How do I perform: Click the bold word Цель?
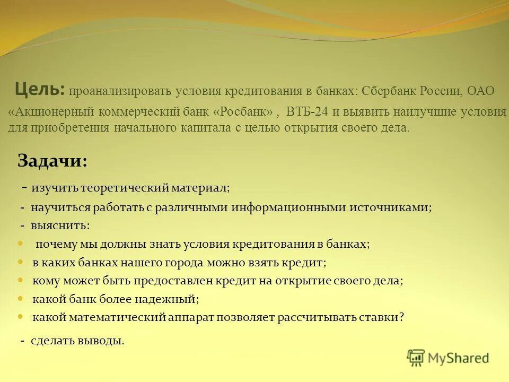(x=39, y=89)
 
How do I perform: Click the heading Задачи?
(x=52, y=161)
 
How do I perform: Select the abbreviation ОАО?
(x=480, y=91)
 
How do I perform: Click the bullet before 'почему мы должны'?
(x=21, y=244)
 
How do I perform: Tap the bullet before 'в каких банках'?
(x=21, y=262)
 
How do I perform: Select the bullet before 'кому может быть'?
(x=21, y=280)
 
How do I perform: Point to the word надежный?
(x=167, y=299)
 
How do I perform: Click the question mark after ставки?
(x=401, y=317)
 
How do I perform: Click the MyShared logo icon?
(x=416, y=358)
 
